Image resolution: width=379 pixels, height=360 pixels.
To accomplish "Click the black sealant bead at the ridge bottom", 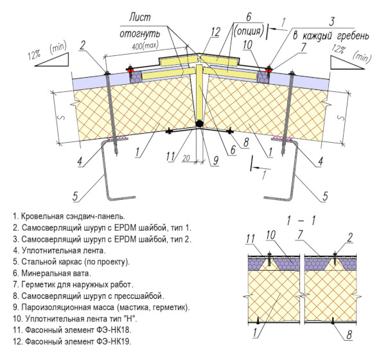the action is click(199, 123).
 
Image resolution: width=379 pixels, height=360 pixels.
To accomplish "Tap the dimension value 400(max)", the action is click(145, 46).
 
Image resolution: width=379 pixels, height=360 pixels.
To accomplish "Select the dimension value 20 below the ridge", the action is click(186, 158).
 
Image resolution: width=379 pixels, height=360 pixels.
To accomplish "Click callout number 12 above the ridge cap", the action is click(215, 32).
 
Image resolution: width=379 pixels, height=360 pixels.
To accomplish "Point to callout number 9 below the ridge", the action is click(216, 160).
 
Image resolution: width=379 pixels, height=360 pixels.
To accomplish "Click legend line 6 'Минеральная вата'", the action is click(52, 273).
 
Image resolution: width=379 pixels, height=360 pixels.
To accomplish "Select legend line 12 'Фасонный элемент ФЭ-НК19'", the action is click(73, 341).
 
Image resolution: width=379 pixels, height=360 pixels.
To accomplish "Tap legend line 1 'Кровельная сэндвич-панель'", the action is click(69, 216).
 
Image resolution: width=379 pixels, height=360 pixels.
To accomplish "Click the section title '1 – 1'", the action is click(301, 221).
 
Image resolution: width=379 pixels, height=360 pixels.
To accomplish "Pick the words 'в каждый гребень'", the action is click(331, 36).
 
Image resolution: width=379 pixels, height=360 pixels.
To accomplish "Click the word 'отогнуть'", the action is click(139, 33).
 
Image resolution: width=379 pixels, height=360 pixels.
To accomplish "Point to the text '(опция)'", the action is click(249, 31).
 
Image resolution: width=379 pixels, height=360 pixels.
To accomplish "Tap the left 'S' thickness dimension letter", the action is click(62, 118).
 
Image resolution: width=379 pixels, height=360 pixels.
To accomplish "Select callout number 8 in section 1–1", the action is click(349, 335).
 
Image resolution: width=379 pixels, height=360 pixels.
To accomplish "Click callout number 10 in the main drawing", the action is click(247, 45).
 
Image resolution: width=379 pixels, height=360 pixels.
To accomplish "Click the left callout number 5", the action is click(75, 195).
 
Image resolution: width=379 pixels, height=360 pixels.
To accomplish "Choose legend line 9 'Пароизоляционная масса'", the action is click(101, 307).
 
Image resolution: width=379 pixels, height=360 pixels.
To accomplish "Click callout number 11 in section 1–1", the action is click(250, 239).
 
